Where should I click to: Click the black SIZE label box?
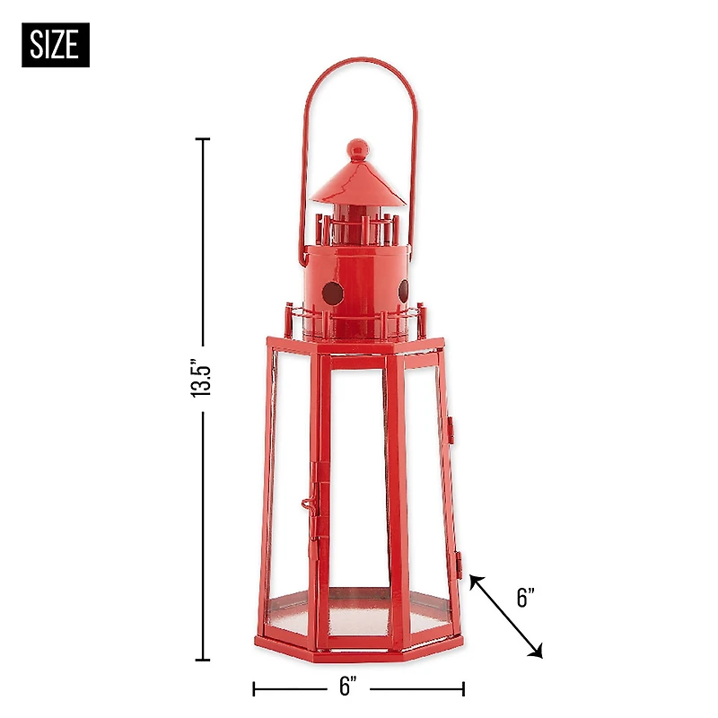click(56, 44)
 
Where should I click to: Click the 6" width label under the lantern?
click(349, 687)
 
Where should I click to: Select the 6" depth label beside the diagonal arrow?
click(527, 599)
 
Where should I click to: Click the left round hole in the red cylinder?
click(330, 292)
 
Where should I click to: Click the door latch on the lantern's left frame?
click(311, 504)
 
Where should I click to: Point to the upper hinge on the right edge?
click(451, 429)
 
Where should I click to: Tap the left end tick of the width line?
click(255, 688)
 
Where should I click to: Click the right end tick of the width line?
click(463, 688)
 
